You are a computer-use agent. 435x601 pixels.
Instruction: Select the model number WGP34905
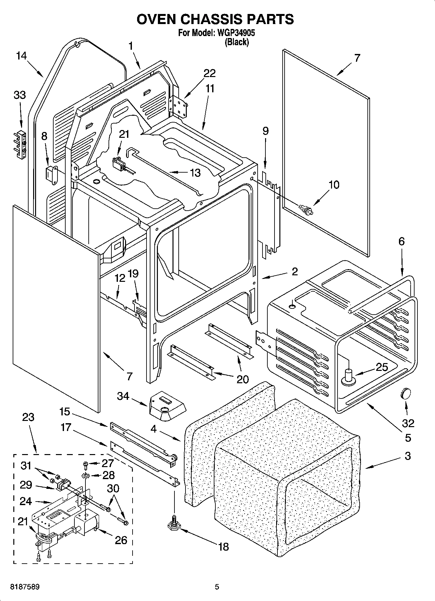coord(236,33)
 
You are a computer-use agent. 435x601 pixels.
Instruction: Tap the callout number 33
coord(20,95)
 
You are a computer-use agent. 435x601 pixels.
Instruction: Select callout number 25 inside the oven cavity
coord(381,367)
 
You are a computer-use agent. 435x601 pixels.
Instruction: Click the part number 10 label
coord(334,185)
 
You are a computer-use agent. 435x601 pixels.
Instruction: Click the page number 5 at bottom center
coord(217,587)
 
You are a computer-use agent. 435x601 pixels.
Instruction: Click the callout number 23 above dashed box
coord(28,417)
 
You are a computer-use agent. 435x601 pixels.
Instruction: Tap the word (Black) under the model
coord(237,42)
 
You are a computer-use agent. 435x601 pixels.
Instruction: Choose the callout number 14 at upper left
coord(21,56)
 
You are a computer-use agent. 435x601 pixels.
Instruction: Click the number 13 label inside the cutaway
coord(195,173)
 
